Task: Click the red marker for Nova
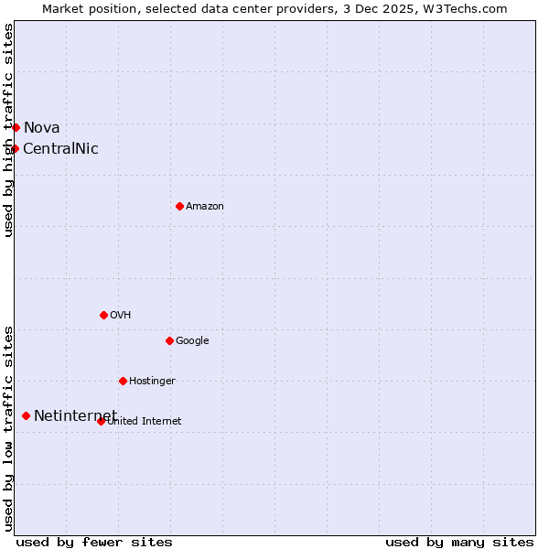(16, 127)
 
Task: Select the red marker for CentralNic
(15, 148)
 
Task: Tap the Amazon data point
(179, 206)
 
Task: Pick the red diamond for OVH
(103, 315)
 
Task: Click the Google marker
(169, 340)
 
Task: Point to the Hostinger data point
(123, 381)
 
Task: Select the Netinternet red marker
(26, 415)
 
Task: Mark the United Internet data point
(101, 421)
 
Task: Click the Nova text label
(41, 128)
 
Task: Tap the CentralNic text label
(60, 149)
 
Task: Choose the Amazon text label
(205, 207)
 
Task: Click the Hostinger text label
(152, 382)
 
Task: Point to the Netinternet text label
(75, 416)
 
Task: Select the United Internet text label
(145, 422)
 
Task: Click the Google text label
(192, 341)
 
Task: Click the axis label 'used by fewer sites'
(94, 542)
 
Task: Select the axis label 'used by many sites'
(459, 542)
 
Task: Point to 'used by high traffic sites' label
(9, 130)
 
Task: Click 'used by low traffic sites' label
(9, 427)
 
